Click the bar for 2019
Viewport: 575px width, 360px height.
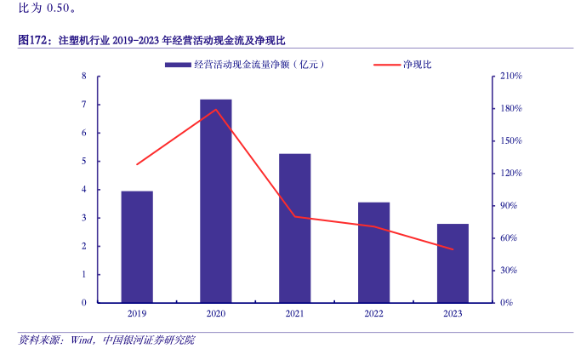point(137,247)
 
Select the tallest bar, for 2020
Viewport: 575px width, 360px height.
point(216,201)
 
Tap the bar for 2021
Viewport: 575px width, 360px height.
point(294,228)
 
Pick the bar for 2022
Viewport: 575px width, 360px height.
point(373,252)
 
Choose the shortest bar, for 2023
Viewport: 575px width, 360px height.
point(453,263)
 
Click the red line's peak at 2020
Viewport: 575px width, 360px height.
point(216,109)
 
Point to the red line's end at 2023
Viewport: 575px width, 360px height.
point(453,249)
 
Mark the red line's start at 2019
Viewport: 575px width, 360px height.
point(137,164)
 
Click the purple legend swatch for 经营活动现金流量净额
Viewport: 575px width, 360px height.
point(177,66)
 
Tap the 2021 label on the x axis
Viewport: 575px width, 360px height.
point(294,314)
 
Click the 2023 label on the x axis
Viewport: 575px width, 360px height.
point(453,314)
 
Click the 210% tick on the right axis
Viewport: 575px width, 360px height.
point(511,77)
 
